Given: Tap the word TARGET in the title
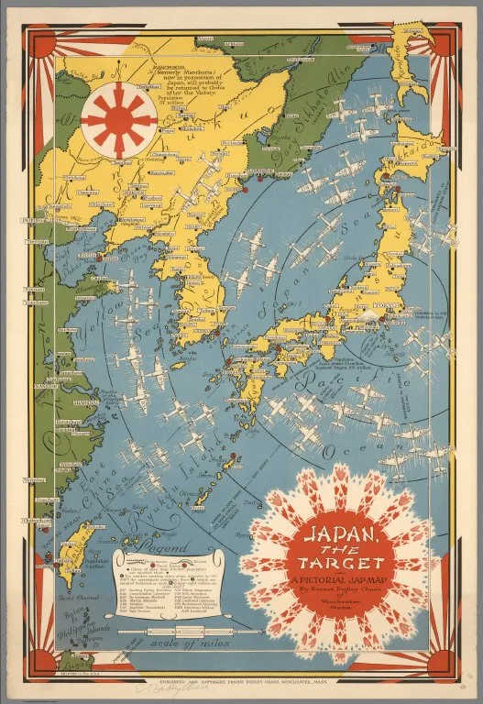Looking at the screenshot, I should point(348,559).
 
